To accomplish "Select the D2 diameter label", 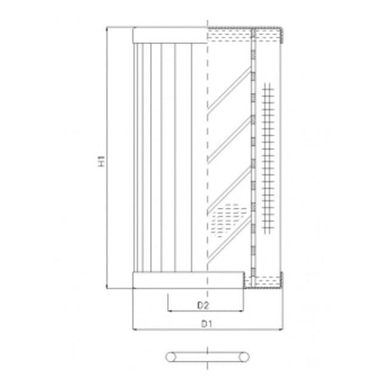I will (x=203, y=302).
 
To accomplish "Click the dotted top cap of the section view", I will (x=246, y=34).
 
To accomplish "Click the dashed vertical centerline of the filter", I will (x=208, y=169).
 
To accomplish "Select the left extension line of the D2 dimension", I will (x=167, y=300).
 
